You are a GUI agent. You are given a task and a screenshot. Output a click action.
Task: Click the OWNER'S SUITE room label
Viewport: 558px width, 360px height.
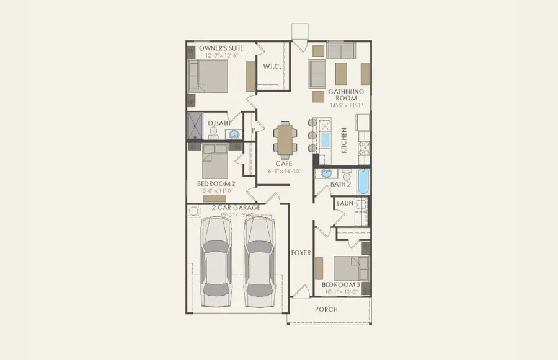[x=221, y=48]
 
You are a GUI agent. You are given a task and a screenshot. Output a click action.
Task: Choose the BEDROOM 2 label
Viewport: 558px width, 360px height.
[x=216, y=184]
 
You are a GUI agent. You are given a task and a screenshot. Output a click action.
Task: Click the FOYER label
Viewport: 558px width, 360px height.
[x=301, y=253]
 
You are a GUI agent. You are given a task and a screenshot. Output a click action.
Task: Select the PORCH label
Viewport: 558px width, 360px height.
[x=326, y=309]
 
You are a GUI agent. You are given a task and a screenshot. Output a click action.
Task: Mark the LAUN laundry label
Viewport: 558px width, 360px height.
[x=345, y=203]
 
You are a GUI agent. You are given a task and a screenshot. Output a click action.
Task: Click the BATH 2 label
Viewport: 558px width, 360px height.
[x=340, y=184]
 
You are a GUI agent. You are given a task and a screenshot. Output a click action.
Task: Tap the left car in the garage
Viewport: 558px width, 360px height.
[x=213, y=263]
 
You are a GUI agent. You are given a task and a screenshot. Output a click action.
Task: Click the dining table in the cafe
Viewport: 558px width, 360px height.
[x=285, y=140]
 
